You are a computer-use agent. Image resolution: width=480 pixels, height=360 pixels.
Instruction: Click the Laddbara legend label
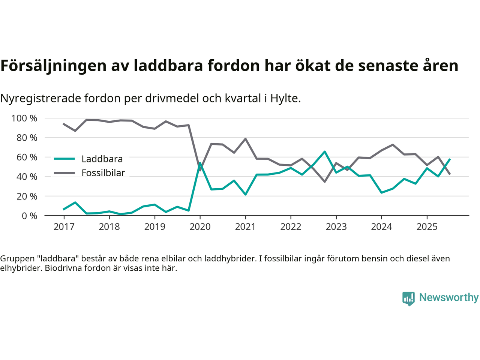tap(102, 159)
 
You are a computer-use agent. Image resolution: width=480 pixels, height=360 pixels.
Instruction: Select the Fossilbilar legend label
tap(103, 173)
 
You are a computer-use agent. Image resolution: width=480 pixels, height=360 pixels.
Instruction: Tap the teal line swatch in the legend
tap(64, 159)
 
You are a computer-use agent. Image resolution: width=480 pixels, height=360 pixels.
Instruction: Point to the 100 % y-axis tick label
tap(24, 118)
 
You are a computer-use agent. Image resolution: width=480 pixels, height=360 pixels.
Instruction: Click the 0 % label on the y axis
tap(29, 216)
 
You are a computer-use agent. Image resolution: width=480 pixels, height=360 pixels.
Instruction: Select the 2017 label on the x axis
tap(64, 227)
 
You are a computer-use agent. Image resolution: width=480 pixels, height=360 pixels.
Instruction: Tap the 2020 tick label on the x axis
tap(200, 227)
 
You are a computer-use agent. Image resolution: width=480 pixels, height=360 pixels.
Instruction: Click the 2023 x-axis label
tap(336, 227)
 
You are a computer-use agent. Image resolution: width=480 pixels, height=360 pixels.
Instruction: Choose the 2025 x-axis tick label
tap(427, 227)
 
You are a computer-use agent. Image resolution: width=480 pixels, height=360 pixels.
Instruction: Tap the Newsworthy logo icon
tap(408, 298)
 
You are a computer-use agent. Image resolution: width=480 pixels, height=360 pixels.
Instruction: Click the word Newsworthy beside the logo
tap(449, 297)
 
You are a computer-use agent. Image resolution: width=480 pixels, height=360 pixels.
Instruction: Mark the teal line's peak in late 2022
tap(325, 151)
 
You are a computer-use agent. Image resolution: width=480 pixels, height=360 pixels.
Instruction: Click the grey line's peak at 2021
tap(245, 139)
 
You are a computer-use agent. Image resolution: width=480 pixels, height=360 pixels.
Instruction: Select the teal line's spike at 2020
tap(200, 163)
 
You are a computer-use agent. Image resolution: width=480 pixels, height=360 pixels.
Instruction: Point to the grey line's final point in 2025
tap(450, 174)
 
